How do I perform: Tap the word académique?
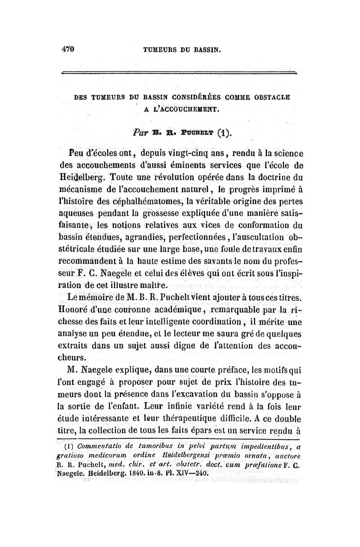click(181, 310)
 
